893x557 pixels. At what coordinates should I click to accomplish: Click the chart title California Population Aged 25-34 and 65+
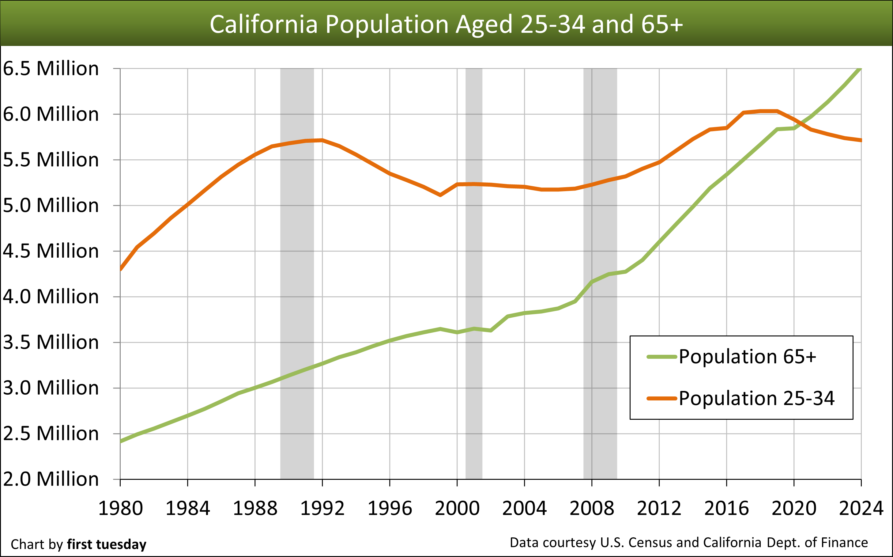446,24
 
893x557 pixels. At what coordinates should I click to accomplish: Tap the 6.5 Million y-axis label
51,69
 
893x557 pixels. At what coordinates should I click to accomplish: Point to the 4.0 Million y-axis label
51,297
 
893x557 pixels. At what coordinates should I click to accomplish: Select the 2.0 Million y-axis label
51,479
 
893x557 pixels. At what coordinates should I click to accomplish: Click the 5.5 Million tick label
51,160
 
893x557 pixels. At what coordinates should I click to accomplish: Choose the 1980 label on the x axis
120,509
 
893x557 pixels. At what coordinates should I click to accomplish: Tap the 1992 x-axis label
322,509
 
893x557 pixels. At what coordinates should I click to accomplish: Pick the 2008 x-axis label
592,509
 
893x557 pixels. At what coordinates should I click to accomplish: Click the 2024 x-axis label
861,509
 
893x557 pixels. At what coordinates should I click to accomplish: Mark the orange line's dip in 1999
440,195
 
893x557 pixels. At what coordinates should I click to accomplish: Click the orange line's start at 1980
121,269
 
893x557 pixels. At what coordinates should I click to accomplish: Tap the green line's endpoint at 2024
860,69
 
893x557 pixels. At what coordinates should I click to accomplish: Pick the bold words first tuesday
107,544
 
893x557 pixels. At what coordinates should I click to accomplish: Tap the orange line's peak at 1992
322,140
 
